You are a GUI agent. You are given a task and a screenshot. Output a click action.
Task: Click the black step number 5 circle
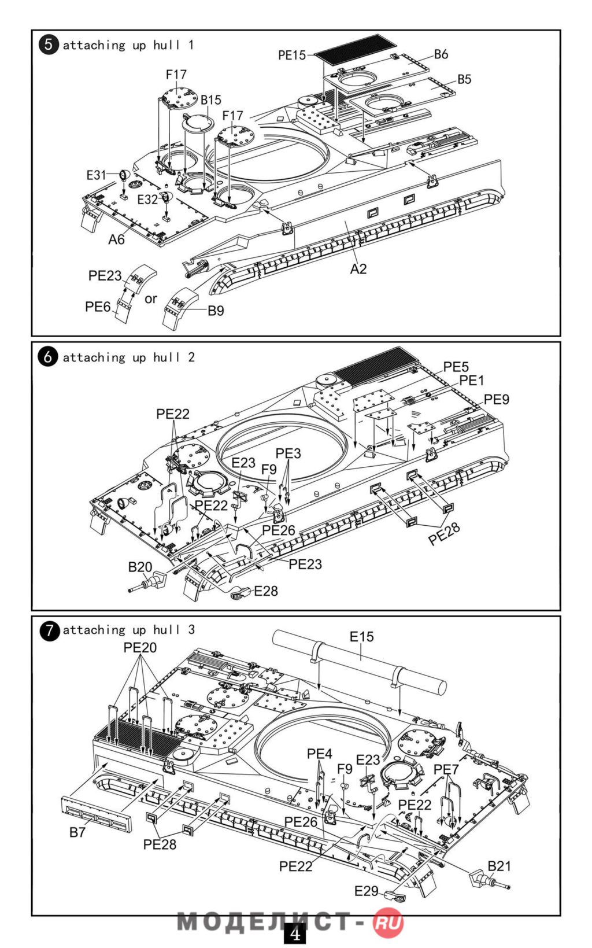(x=48, y=45)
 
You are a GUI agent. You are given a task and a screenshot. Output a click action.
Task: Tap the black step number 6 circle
(x=48, y=357)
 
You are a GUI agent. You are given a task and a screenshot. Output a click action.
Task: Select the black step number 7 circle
(x=49, y=630)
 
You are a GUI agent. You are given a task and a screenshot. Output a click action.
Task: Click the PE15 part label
(x=291, y=55)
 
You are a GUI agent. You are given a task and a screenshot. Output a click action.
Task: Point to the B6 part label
(x=441, y=54)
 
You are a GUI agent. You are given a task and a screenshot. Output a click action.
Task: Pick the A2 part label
(x=358, y=269)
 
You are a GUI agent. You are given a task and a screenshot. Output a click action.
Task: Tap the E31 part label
(x=96, y=175)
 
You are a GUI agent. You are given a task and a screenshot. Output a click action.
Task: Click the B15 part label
(x=211, y=100)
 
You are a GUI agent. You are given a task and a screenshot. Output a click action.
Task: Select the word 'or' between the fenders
(x=151, y=299)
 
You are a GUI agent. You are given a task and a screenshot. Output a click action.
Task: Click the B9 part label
(x=216, y=311)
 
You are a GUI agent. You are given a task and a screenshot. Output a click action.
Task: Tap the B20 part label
(x=140, y=567)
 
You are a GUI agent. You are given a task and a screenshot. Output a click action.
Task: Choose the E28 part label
(x=266, y=591)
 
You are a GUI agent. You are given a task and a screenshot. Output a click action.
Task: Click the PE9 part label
(x=497, y=399)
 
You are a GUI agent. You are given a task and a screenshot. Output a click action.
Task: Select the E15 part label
(x=362, y=636)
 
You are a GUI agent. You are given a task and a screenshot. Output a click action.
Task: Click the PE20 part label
(x=140, y=647)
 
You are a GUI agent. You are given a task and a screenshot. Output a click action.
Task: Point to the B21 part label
(x=499, y=866)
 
